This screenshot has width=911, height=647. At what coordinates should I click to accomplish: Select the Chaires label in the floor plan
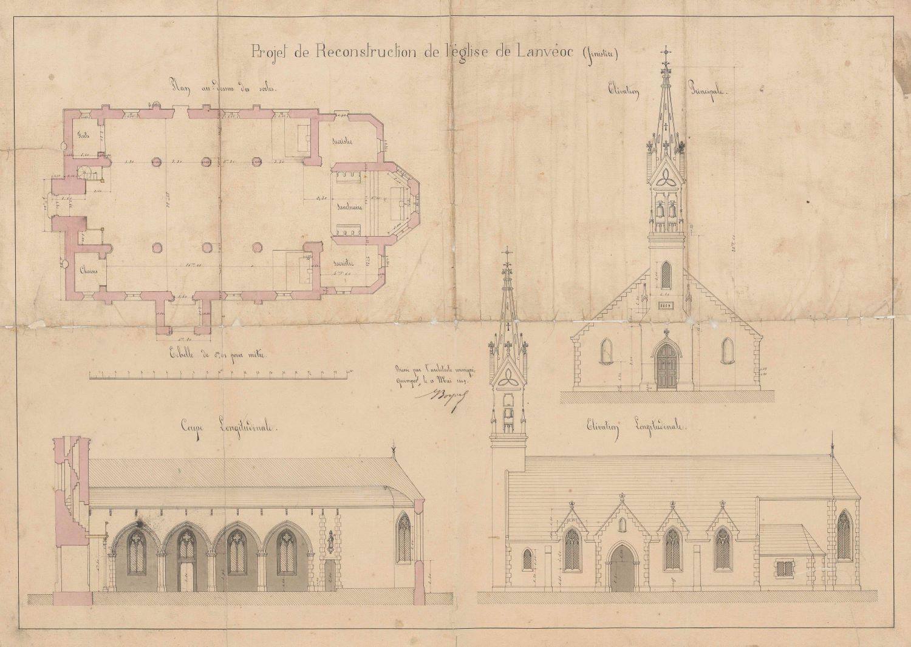pyautogui.click(x=86, y=271)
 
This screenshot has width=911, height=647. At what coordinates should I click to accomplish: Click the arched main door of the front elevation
pyautogui.click(x=666, y=366)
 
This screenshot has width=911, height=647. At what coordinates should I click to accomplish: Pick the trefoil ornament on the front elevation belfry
pyautogui.click(x=666, y=177)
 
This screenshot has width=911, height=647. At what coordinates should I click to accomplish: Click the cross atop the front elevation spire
pyautogui.click(x=666, y=50)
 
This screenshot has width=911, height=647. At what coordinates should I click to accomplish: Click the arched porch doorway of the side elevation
pyautogui.click(x=621, y=568)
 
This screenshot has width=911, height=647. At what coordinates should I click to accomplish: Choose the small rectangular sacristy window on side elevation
pyautogui.click(x=784, y=569)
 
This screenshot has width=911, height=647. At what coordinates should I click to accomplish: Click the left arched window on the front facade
pyautogui.click(x=606, y=351)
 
